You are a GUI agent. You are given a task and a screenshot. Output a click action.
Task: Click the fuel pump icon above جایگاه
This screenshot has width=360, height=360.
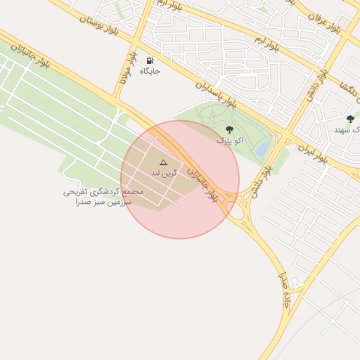(149, 60)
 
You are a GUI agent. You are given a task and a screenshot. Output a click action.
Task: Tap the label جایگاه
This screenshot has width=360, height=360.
(150, 71)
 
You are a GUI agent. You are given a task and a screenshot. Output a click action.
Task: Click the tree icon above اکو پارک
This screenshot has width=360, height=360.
(229, 129)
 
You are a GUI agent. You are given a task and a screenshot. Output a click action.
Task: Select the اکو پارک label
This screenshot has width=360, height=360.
(224, 140)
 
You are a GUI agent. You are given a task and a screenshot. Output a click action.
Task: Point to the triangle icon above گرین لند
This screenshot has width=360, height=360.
(164, 162)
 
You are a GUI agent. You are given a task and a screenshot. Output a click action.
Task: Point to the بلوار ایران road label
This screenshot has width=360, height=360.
(313, 153)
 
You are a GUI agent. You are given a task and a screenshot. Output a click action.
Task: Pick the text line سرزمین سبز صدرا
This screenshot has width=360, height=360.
(101, 202)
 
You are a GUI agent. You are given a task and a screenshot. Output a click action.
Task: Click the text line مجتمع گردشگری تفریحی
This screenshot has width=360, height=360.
(104, 191)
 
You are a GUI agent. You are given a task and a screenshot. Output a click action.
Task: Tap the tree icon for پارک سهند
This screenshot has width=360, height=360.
(350, 119)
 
